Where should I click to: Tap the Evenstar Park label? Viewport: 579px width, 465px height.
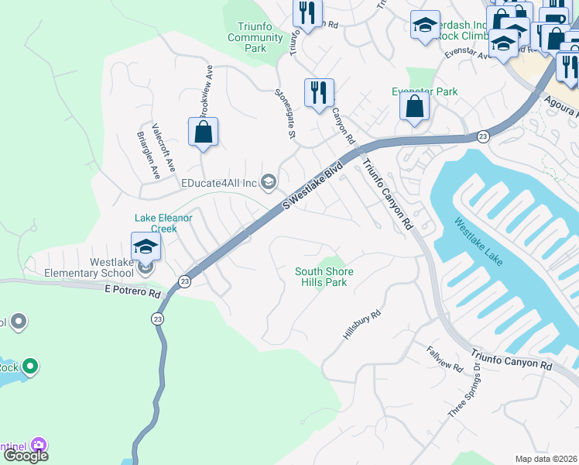[424, 91]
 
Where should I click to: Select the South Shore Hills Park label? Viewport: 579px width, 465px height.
[324, 277]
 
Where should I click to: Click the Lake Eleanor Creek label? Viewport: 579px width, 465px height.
[163, 223]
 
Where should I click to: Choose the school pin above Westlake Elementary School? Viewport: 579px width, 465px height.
[146, 247]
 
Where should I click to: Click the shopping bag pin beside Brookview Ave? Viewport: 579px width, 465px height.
[203, 133]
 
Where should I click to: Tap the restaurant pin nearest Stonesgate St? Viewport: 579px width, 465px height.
[319, 94]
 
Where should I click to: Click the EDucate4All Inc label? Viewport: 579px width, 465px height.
[218, 183]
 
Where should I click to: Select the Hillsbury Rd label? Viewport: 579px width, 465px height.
[362, 325]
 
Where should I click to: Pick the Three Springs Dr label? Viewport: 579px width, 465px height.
[464, 395]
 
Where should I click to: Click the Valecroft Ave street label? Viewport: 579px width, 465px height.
[164, 147]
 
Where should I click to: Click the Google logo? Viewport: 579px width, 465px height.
[26, 456]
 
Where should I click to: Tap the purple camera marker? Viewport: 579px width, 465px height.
[39, 445]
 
